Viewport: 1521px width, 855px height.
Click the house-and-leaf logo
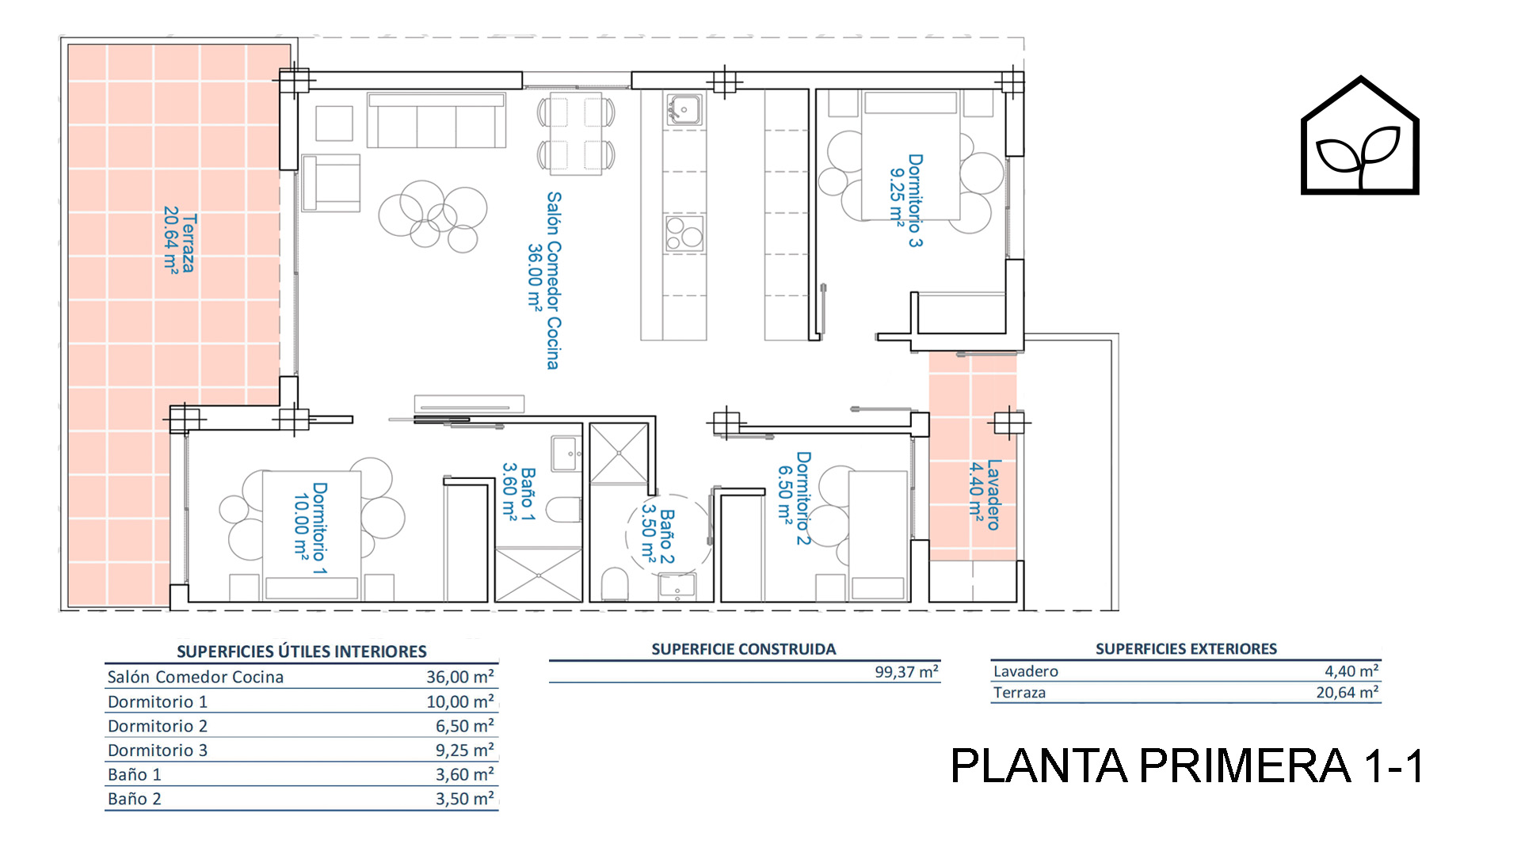pos(1359,135)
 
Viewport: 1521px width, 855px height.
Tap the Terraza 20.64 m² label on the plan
pos(180,242)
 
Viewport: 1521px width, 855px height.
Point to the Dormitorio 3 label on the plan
pos(906,200)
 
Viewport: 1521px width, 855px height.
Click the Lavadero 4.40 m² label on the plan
pos(985,495)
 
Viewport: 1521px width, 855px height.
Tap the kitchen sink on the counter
pos(684,109)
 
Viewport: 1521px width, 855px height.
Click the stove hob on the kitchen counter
pos(684,234)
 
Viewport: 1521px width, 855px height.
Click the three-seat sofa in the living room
pos(436,120)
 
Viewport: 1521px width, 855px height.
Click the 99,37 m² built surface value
pos(906,672)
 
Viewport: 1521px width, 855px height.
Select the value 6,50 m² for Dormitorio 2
pos(464,726)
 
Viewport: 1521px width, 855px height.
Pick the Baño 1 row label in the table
pos(135,774)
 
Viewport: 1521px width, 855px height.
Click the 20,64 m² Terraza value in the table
pos(1347,693)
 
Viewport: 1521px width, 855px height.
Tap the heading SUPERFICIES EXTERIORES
pos(1186,649)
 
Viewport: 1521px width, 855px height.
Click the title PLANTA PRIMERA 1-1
pos(1187,766)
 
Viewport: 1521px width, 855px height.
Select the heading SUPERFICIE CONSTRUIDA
pos(743,649)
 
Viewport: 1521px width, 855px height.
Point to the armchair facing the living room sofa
pos(331,183)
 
